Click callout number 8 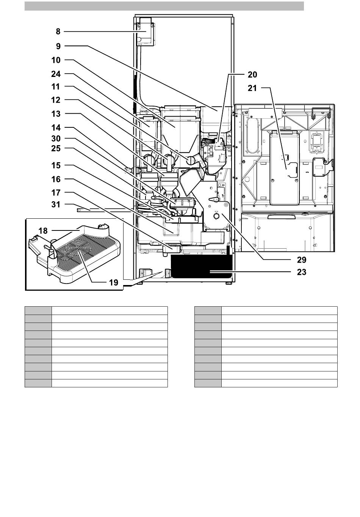(58, 31)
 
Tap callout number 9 (58, 46)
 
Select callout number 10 (56, 60)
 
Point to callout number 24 (56, 74)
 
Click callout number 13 (56, 114)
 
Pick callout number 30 (56, 138)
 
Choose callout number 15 (56, 166)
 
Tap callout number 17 (56, 193)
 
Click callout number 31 (56, 204)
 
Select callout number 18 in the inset (43, 230)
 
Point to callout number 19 (114, 282)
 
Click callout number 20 (252, 75)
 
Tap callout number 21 (252, 88)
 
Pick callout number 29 (301, 260)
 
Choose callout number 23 (301, 272)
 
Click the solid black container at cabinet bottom (201, 266)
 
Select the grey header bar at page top (164, 6)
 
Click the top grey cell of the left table (38, 310)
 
